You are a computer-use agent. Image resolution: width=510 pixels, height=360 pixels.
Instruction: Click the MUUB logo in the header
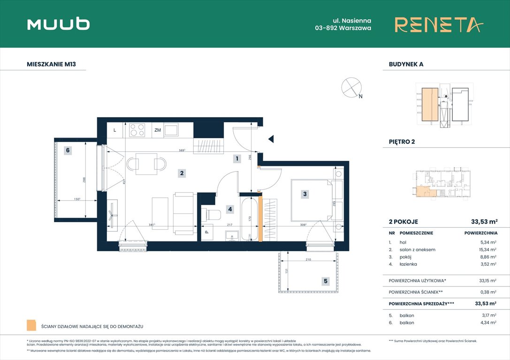click(x=58, y=24)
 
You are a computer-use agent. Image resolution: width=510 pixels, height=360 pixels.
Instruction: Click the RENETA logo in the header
click(x=438, y=24)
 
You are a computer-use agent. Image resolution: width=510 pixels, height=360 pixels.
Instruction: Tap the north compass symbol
click(x=351, y=87)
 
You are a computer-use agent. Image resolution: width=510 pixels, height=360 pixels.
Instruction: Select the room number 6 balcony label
click(x=68, y=150)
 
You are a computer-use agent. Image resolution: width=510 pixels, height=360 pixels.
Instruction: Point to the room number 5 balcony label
click(x=325, y=282)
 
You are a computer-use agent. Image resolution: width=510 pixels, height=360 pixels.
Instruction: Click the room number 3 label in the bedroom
click(x=305, y=194)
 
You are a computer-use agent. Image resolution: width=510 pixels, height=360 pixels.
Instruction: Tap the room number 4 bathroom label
click(x=229, y=209)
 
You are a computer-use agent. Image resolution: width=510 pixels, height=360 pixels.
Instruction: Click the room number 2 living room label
click(x=182, y=173)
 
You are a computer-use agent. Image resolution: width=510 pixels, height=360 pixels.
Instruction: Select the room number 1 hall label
click(x=237, y=159)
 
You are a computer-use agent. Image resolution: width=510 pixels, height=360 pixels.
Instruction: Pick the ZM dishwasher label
click(x=158, y=130)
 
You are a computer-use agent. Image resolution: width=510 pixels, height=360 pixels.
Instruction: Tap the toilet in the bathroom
click(x=213, y=215)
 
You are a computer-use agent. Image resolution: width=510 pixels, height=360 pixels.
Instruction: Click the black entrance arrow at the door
click(x=270, y=139)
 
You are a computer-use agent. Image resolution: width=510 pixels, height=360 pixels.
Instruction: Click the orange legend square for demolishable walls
click(x=31, y=325)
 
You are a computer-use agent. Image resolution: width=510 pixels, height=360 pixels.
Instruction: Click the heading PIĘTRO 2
click(x=402, y=142)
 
